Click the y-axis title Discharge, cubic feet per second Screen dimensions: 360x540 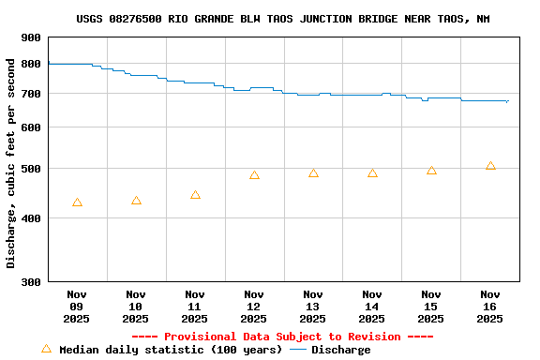11,163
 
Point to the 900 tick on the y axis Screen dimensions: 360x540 31,37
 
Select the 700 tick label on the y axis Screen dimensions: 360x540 31,94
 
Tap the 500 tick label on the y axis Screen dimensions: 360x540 31,169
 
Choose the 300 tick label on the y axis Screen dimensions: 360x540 31,281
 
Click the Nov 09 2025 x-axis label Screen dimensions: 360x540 77,306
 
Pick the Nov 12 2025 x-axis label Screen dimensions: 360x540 254,306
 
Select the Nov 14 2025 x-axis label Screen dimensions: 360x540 372,306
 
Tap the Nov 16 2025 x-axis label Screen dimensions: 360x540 490,306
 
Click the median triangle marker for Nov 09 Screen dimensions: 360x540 77,202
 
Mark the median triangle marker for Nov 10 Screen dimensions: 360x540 136,201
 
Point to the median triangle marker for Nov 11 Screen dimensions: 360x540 195,195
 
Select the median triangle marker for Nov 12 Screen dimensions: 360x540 254,175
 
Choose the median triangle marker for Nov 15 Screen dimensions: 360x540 431,171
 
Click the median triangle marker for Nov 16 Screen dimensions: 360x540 490,166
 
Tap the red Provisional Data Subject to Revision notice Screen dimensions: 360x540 282,337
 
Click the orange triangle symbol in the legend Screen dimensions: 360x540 46,349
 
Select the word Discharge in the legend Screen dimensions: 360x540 340,350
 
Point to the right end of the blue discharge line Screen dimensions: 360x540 508,101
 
